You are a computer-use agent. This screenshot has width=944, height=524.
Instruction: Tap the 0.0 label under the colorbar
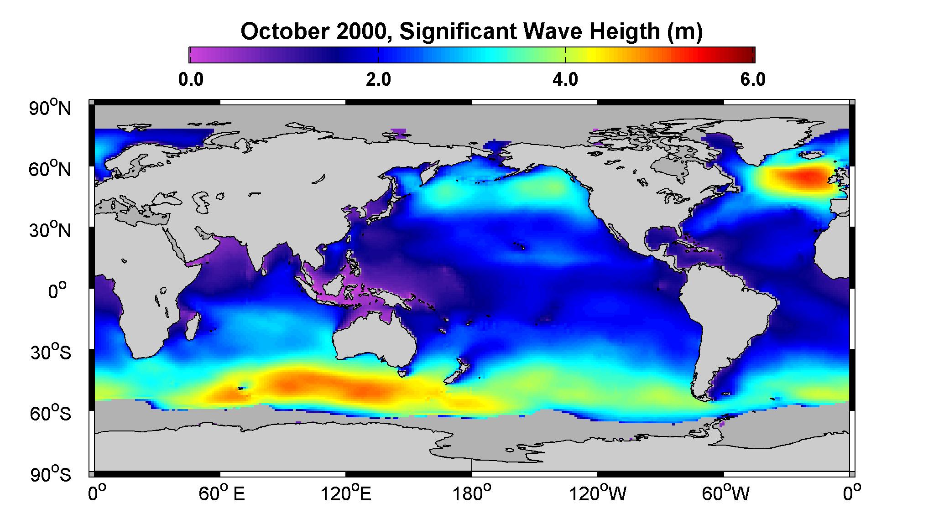pyautogui.click(x=191, y=80)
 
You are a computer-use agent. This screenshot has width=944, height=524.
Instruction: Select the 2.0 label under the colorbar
pyautogui.click(x=378, y=80)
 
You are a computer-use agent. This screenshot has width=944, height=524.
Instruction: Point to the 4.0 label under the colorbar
pyautogui.click(x=565, y=80)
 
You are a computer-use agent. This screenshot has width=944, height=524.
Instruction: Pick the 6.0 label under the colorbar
pyautogui.click(x=753, y=80)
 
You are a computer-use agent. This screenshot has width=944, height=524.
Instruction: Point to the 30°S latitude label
pyautogui.click(x=50, y=353)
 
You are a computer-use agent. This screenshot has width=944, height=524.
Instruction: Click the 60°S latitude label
pyautogui.click(x=50, y=414)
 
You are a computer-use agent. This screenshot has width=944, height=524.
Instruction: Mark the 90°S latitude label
pyautogui.click(x=50, y=475)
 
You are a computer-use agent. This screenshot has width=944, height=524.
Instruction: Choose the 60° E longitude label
pyautogui.click(x=222, y=494)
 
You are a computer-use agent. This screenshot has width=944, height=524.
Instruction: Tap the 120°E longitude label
pyautogui.click(x=346, y=494)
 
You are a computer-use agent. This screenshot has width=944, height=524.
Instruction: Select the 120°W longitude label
pyautogui.click(x=598, y=494)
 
